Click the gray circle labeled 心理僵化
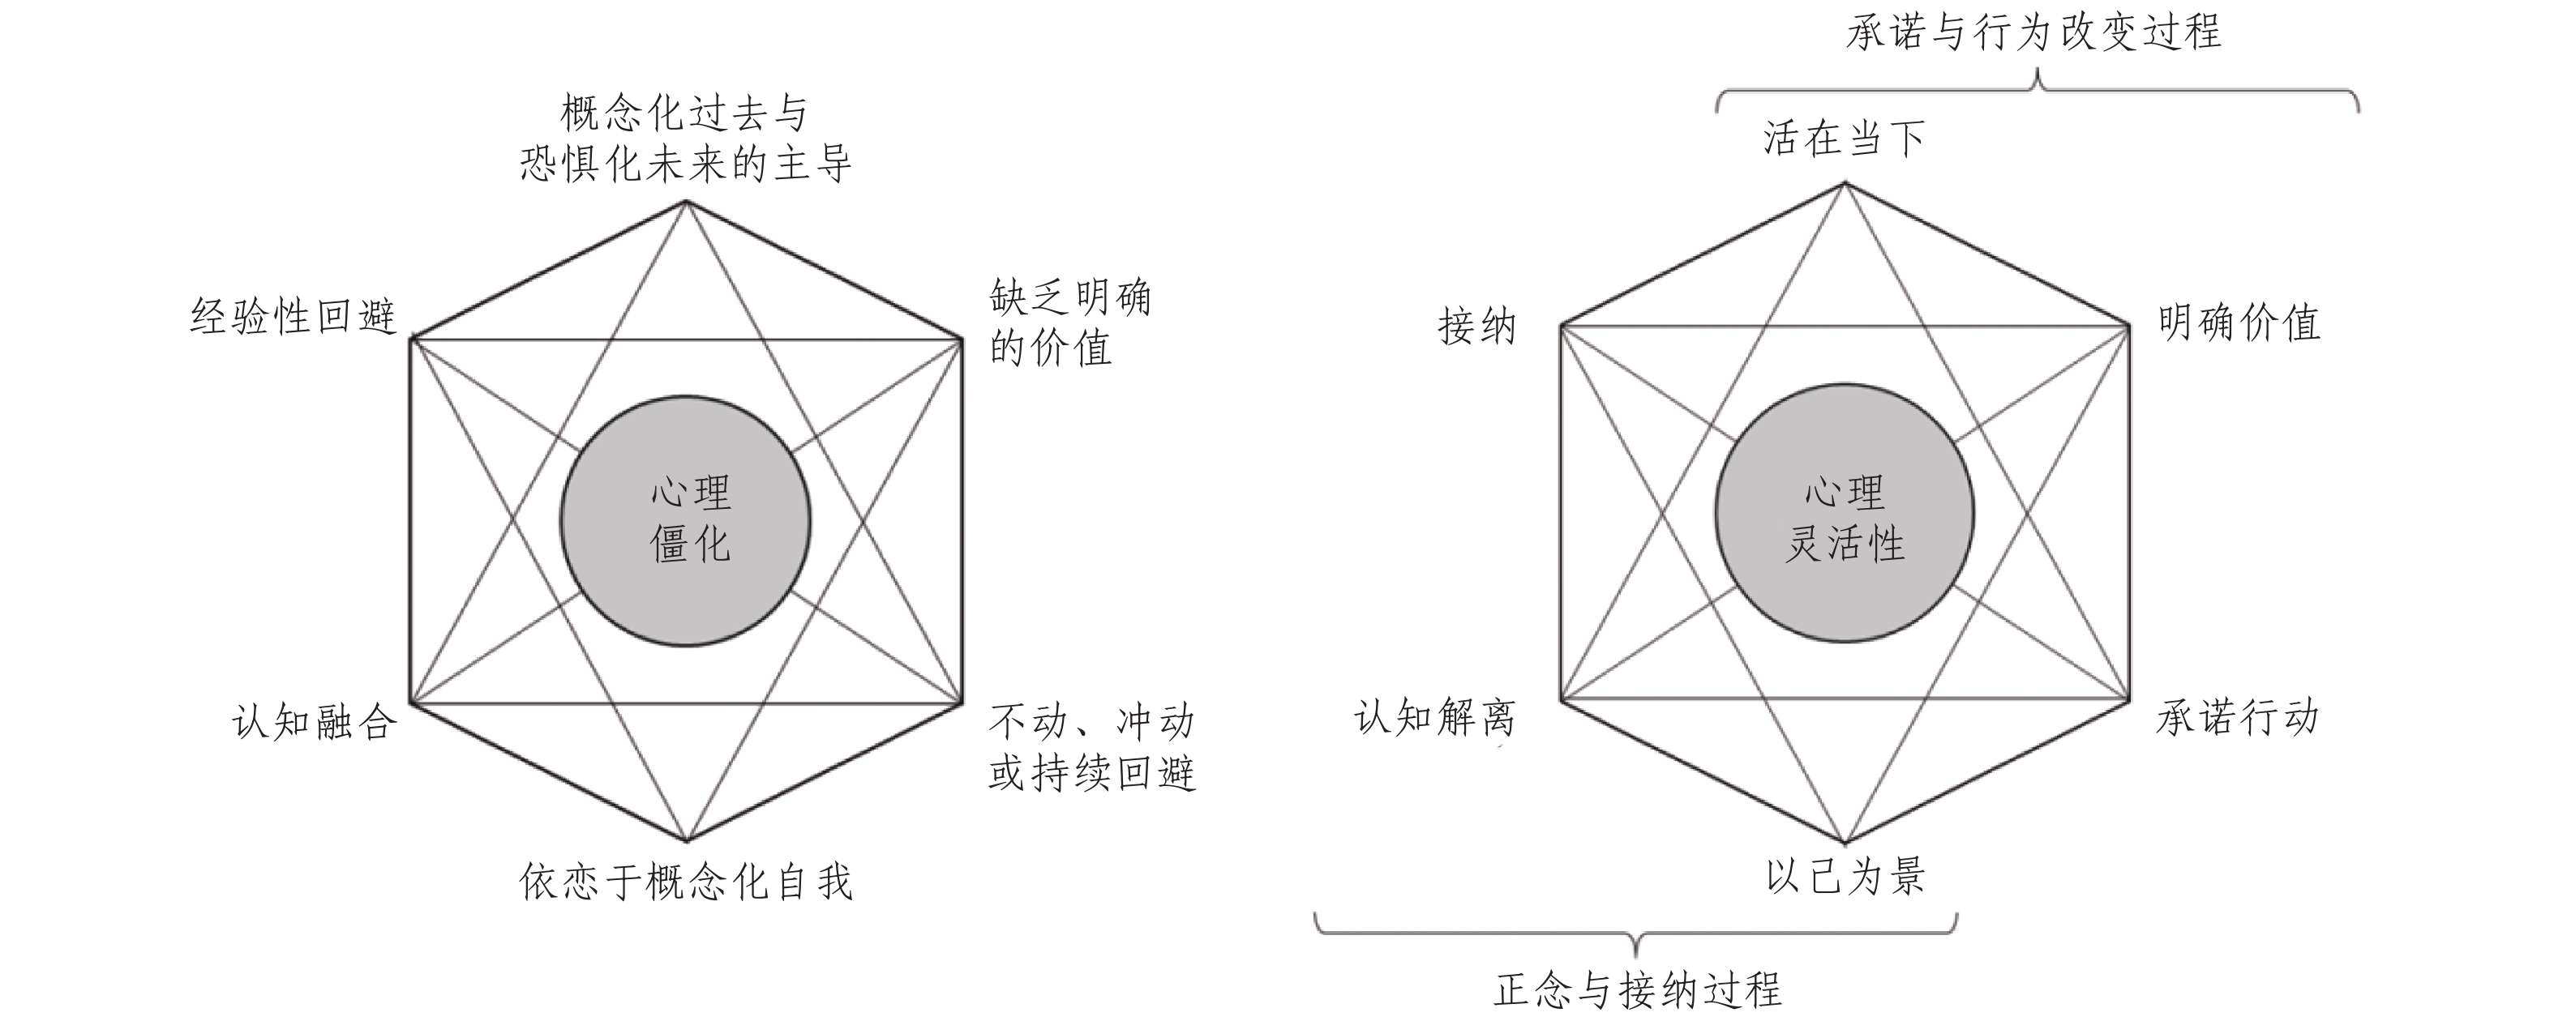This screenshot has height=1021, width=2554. click(x=685, y=520)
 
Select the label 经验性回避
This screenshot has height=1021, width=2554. click(x=294, y=317)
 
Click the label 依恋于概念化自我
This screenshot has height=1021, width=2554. click(x=685, y=880)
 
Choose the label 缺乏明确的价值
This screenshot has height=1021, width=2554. click(x=1069, y=323)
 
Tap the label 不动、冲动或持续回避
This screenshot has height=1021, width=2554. click(x=1091, y=746)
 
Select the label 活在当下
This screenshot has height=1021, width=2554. click(x=1843, y=139)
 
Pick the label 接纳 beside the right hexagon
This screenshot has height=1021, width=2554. click(x=1476, y=325)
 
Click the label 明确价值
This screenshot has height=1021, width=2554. click(x=2239, y=323)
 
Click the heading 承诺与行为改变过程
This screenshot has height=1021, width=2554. click(x=2033, y=32)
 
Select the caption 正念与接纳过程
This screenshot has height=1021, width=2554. click(x=1637, y=989)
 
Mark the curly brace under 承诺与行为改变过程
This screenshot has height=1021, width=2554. click(x=2038, y=89)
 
